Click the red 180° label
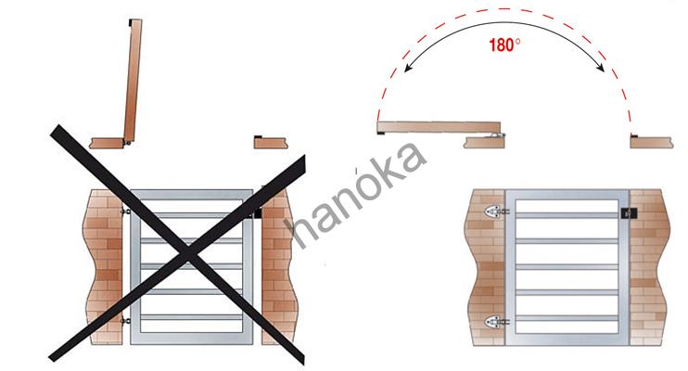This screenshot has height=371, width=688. (504, 45)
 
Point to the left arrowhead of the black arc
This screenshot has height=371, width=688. (408, 68)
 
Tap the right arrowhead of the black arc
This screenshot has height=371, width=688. (600, 68)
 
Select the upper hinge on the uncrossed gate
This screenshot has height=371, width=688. (496, 211)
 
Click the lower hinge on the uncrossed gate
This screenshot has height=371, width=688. (496, 322)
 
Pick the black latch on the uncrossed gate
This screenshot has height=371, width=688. (630, 214)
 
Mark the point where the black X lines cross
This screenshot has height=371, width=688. (186, 253)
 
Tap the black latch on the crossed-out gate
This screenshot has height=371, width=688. (258, 213)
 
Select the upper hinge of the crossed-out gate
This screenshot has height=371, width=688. (125, 211)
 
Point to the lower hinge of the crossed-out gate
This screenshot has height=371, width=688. (125, 321)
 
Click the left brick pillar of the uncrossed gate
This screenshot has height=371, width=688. (485, 267)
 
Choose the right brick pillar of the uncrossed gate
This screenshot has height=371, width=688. (650, 267)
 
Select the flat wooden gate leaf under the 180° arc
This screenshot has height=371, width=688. (439, 127)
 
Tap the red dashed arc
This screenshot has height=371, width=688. (503, 8)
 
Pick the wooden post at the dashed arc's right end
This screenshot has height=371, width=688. (652, 142)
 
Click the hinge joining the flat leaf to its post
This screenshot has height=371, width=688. (497, 135)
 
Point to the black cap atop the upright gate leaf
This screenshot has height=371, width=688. (131, 22)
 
